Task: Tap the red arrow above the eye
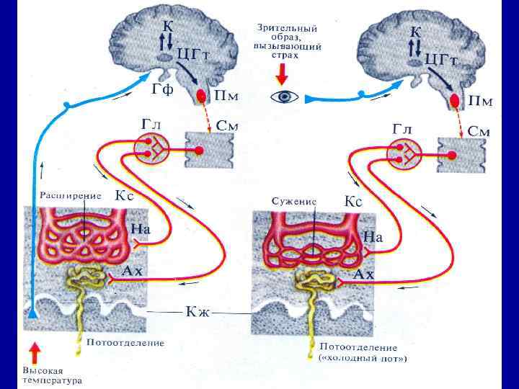click(x=282, y=73)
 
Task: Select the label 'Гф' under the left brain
click(x=163, y=89)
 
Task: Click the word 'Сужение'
click(x=294, y=200)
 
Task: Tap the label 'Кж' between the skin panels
click(x=197, y=311)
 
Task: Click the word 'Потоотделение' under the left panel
click(x=125, y=343)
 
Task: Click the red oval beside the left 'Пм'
click(x=203, y=97)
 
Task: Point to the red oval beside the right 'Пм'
click(x=456, y=101)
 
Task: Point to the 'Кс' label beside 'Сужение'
click(x=352, y=201)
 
